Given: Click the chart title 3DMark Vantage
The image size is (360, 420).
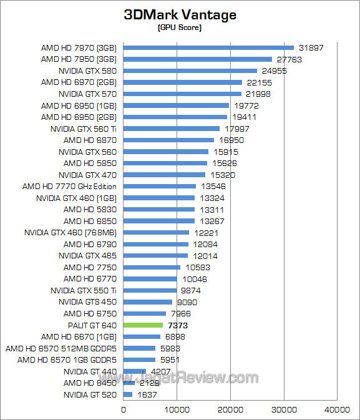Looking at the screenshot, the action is (x=180, y=14).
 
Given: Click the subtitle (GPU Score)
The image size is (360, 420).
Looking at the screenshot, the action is (x=180, y=27).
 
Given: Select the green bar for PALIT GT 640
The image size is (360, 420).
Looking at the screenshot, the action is (x=143, y=325).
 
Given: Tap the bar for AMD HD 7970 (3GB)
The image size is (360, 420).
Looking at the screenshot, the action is (x=208, y=47).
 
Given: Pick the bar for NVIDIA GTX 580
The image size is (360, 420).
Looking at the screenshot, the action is (x=190, y=71).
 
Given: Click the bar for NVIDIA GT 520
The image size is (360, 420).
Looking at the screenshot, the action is (x=128, y=394).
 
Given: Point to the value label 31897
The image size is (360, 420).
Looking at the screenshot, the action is (x=311, y=47).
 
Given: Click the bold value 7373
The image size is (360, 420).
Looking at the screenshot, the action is (x=178, y=325).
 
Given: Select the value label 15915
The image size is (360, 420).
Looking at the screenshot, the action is (x=226, y=152).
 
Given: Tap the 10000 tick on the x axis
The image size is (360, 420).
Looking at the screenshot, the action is (x=177, y=409).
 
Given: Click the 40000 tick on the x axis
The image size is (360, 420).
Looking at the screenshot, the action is (x=338, y=409).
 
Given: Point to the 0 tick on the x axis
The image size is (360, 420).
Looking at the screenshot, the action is (x=124, y=409).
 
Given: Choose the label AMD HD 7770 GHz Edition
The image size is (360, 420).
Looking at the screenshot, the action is (x=69, y=187).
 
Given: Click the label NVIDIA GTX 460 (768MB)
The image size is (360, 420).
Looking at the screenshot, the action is (x=71, y=233).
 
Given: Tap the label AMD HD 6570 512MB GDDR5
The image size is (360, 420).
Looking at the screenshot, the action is (x=61, y=348).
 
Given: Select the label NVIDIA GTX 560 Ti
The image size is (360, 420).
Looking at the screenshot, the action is (x=84, y=129).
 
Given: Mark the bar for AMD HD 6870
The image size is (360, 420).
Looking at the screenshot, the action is (x=168, y=140).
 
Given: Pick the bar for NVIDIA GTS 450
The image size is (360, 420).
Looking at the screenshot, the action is (x=148, y=302).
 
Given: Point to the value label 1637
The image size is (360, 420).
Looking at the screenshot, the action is (x=147, y=394).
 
